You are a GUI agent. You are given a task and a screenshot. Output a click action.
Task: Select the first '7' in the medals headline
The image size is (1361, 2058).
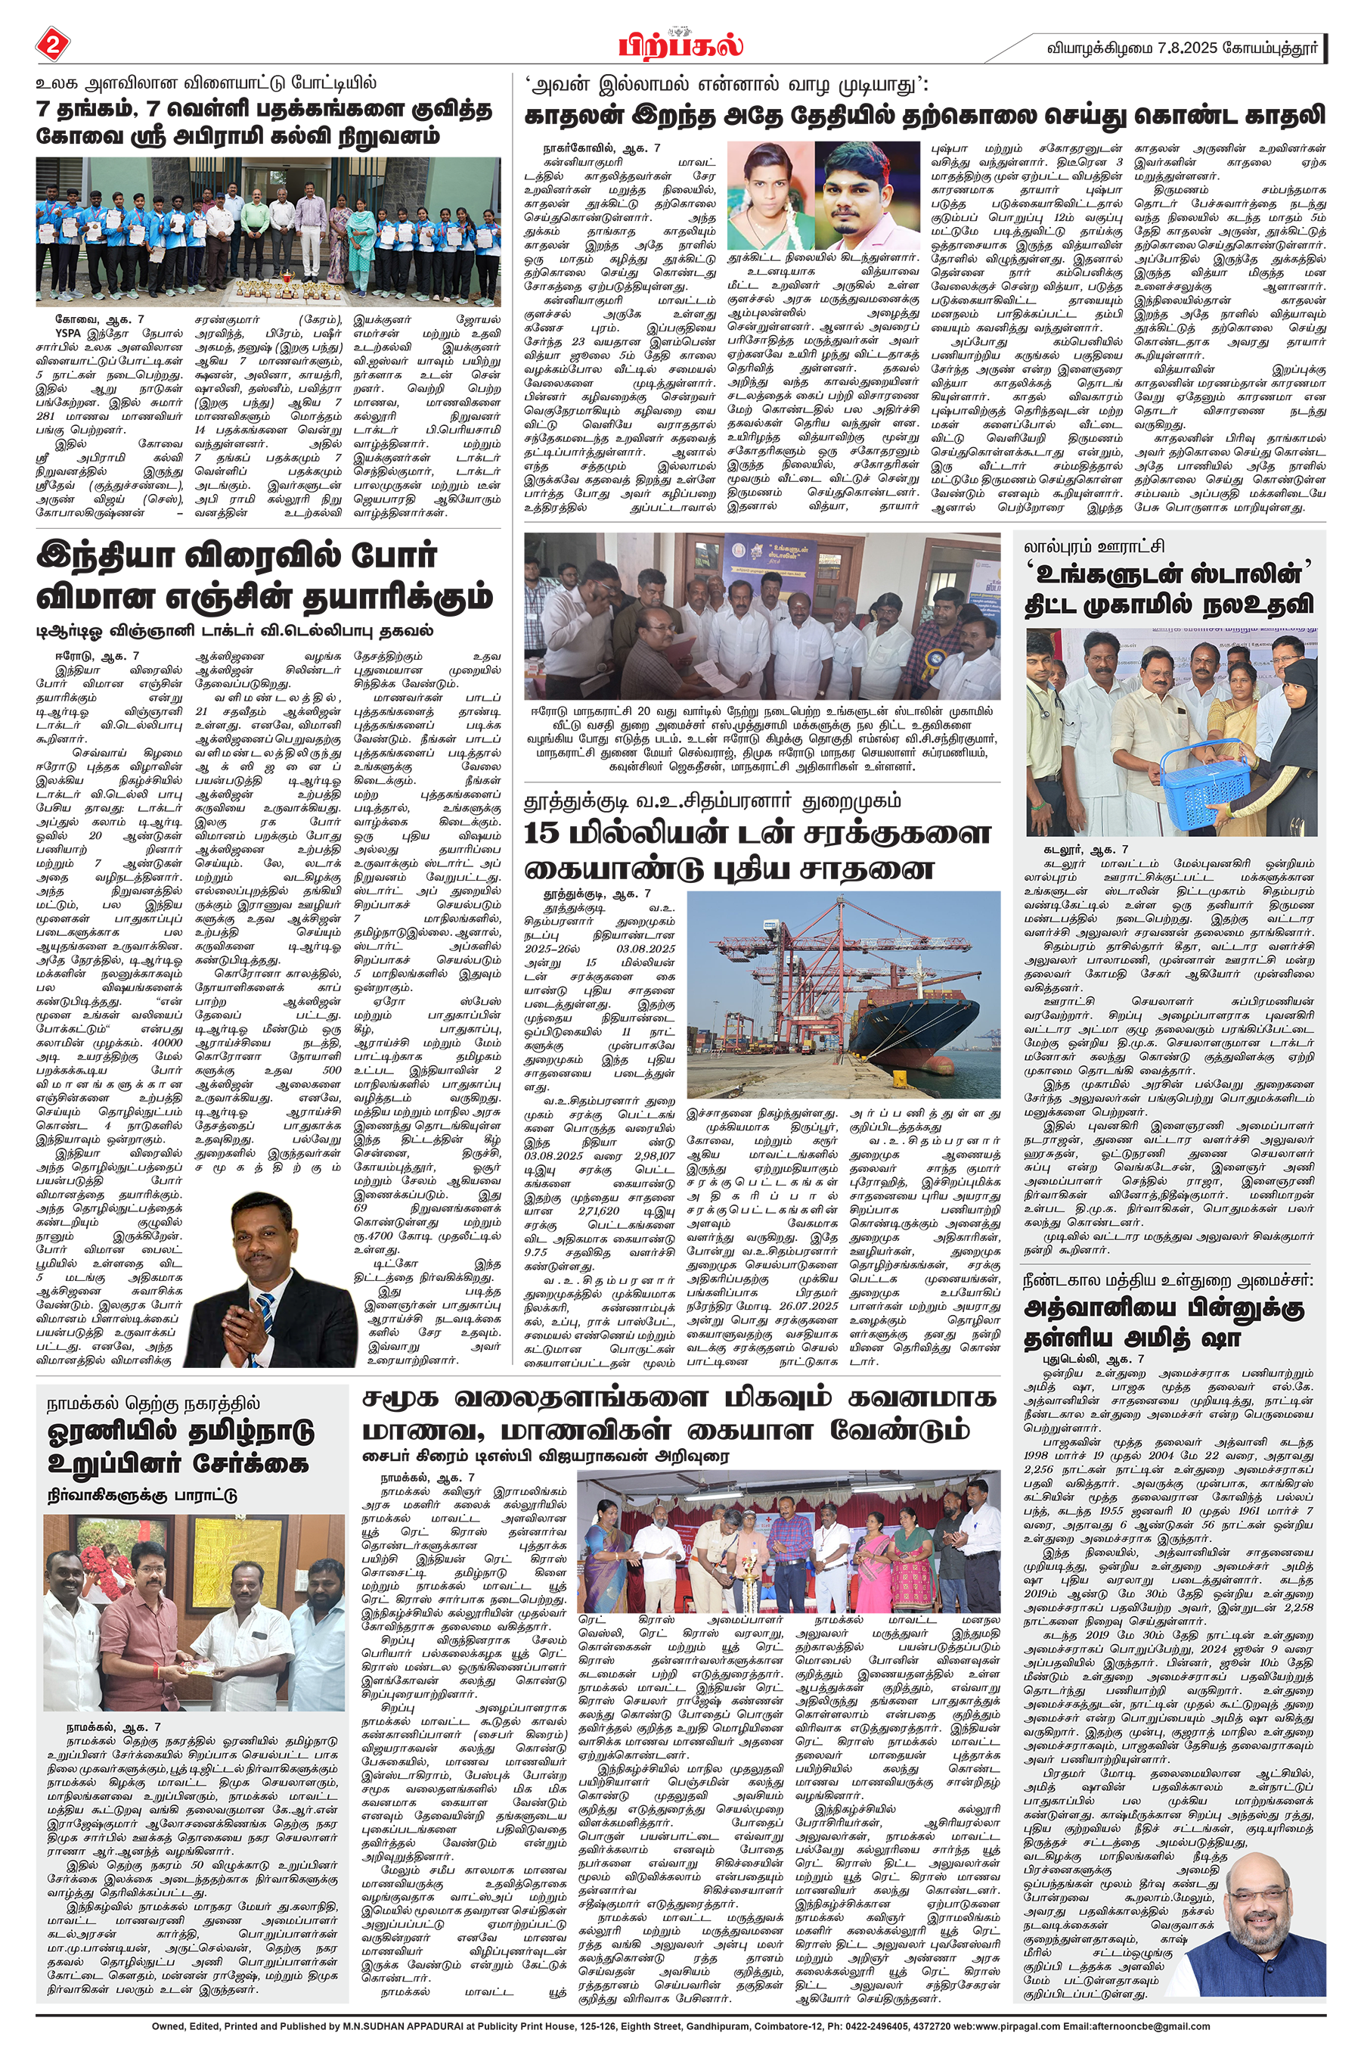pyautogui.click(x=42, y=110)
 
